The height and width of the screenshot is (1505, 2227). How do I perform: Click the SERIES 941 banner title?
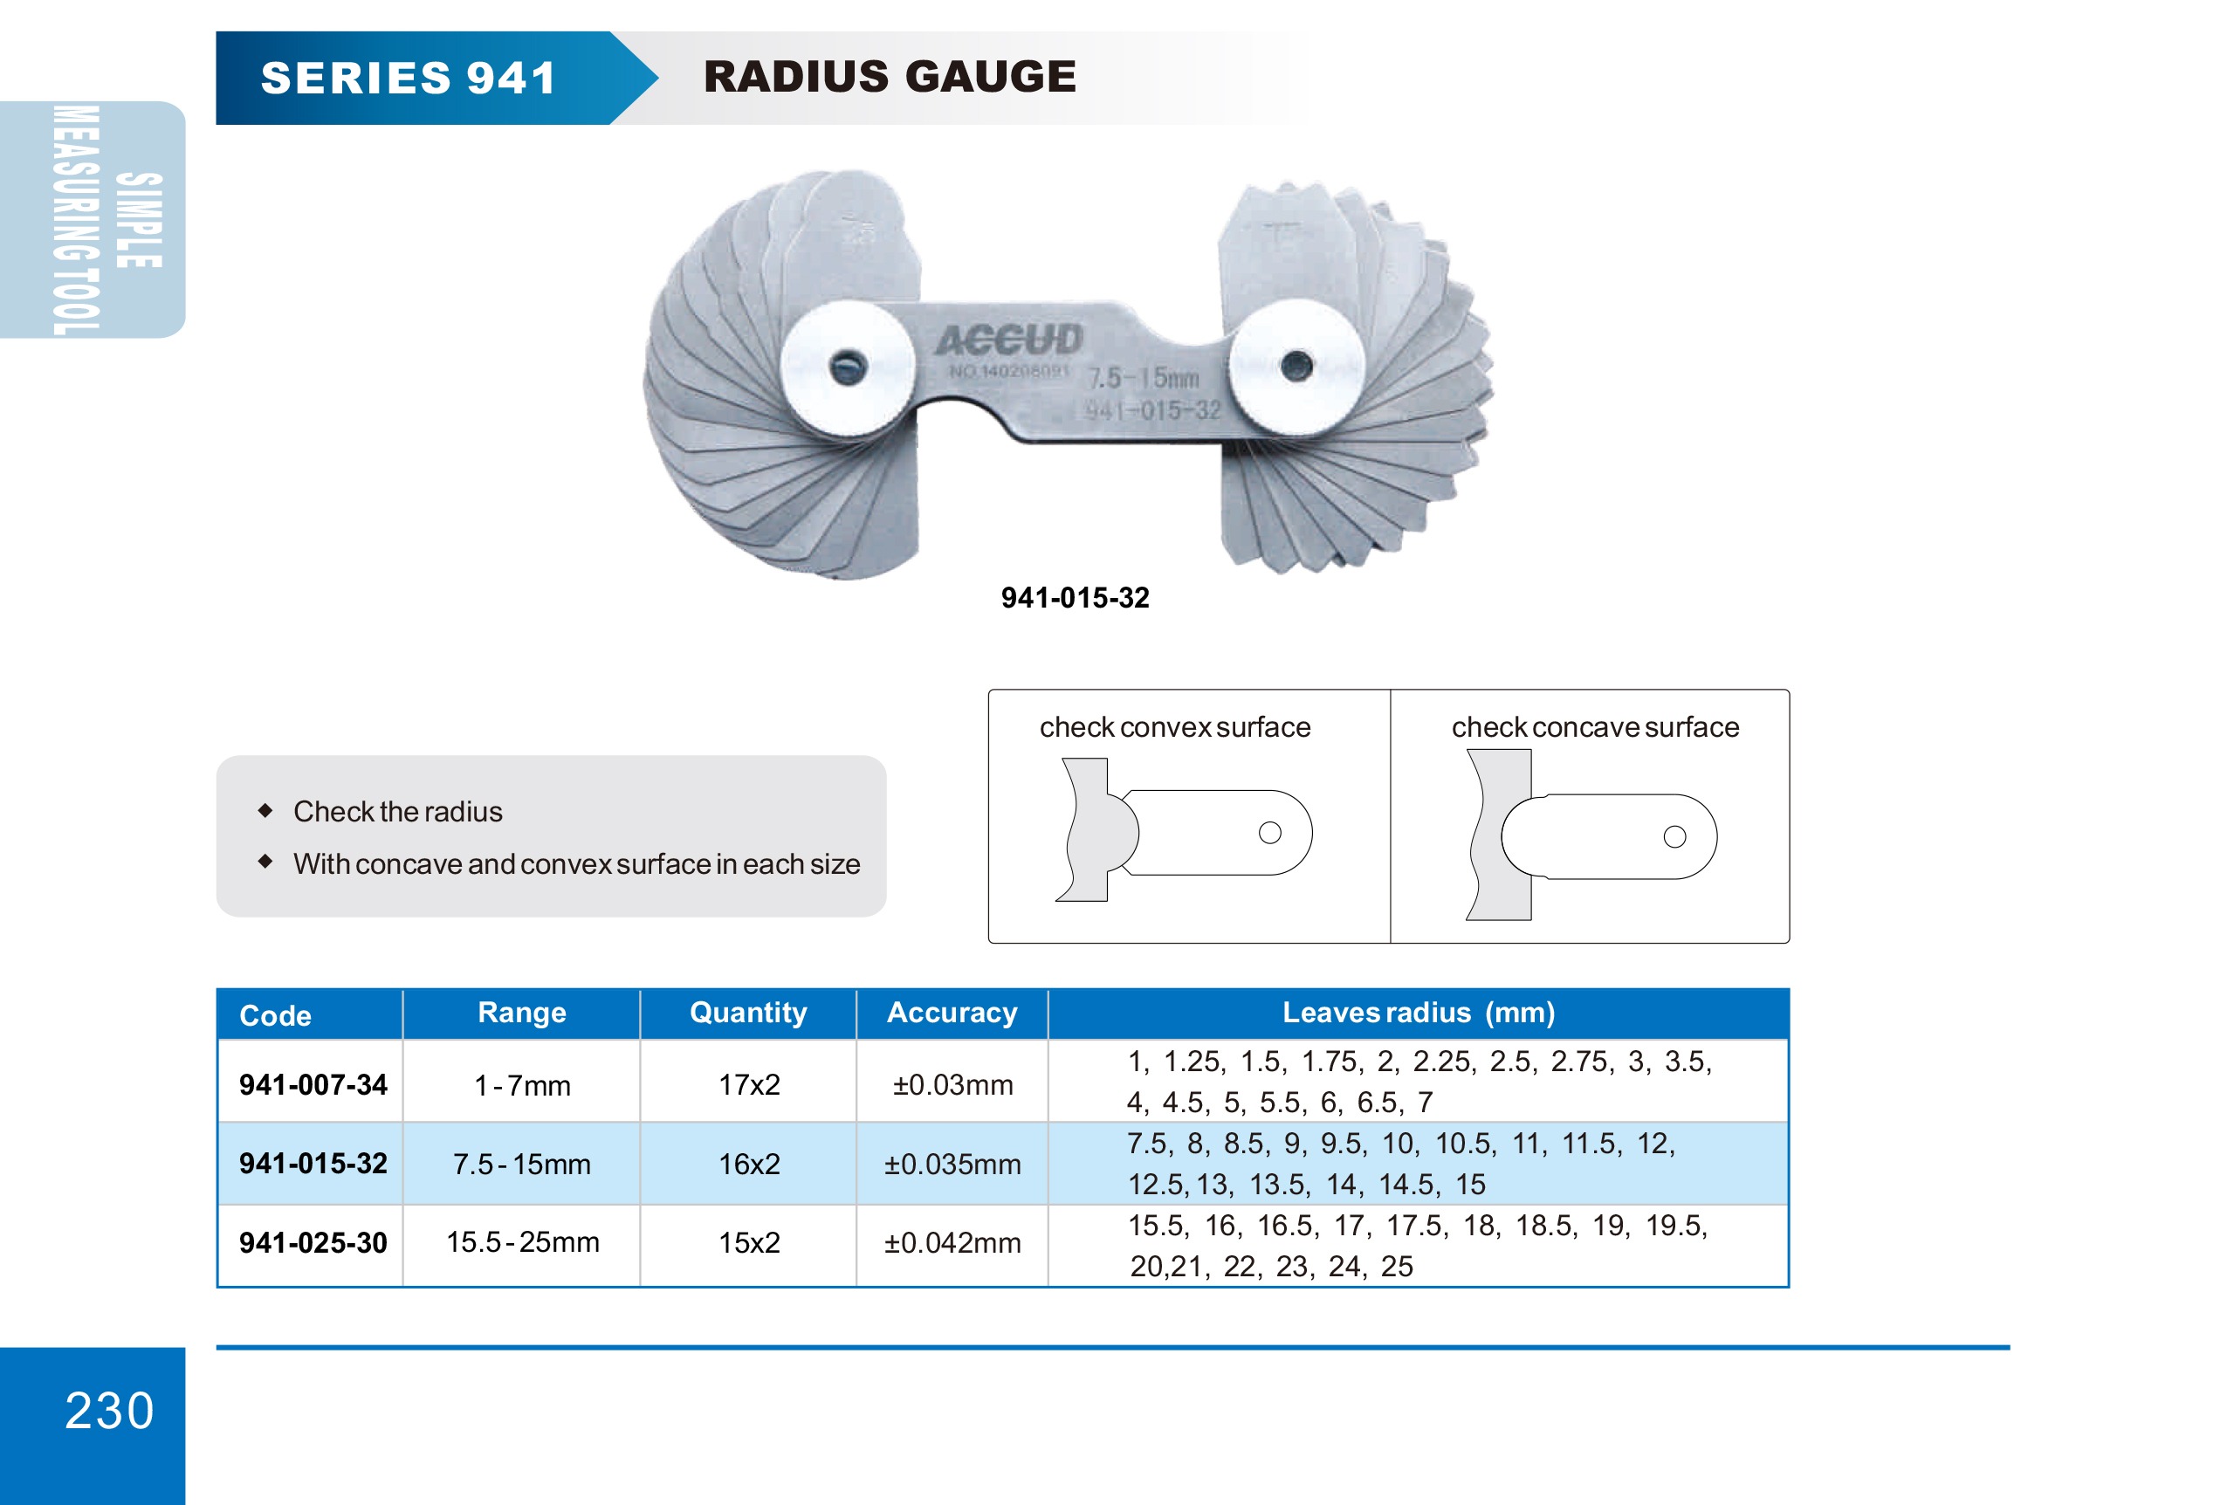point(409,78)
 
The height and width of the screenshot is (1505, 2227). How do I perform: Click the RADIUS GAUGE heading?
point(890,77)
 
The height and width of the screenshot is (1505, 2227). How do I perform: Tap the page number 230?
point(109,1410)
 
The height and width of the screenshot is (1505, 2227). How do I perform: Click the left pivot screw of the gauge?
point(847,367)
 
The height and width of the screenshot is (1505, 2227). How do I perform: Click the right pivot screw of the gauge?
point(1296,365)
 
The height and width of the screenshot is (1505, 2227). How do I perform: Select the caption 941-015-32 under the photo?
point(1074,598)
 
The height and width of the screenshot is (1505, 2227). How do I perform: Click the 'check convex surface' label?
point(1174,727)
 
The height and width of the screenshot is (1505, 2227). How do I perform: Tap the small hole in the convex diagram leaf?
point(1269,833)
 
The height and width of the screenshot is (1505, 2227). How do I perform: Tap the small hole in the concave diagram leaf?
point(1674,836)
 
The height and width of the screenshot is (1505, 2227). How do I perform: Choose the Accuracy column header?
point(952,1013)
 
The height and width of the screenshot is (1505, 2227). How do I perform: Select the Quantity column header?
point(747,1013)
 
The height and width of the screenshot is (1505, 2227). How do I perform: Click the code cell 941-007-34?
point(313,1084)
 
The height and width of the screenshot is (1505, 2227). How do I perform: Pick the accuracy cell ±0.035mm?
point(952,1164)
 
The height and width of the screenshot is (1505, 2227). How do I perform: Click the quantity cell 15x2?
point(748,1242)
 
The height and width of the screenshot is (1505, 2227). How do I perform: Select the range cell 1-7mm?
point(522,1085)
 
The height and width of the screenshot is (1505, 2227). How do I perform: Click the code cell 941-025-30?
point(313,1242)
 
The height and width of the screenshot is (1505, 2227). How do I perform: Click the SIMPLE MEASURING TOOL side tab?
point(92,219)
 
